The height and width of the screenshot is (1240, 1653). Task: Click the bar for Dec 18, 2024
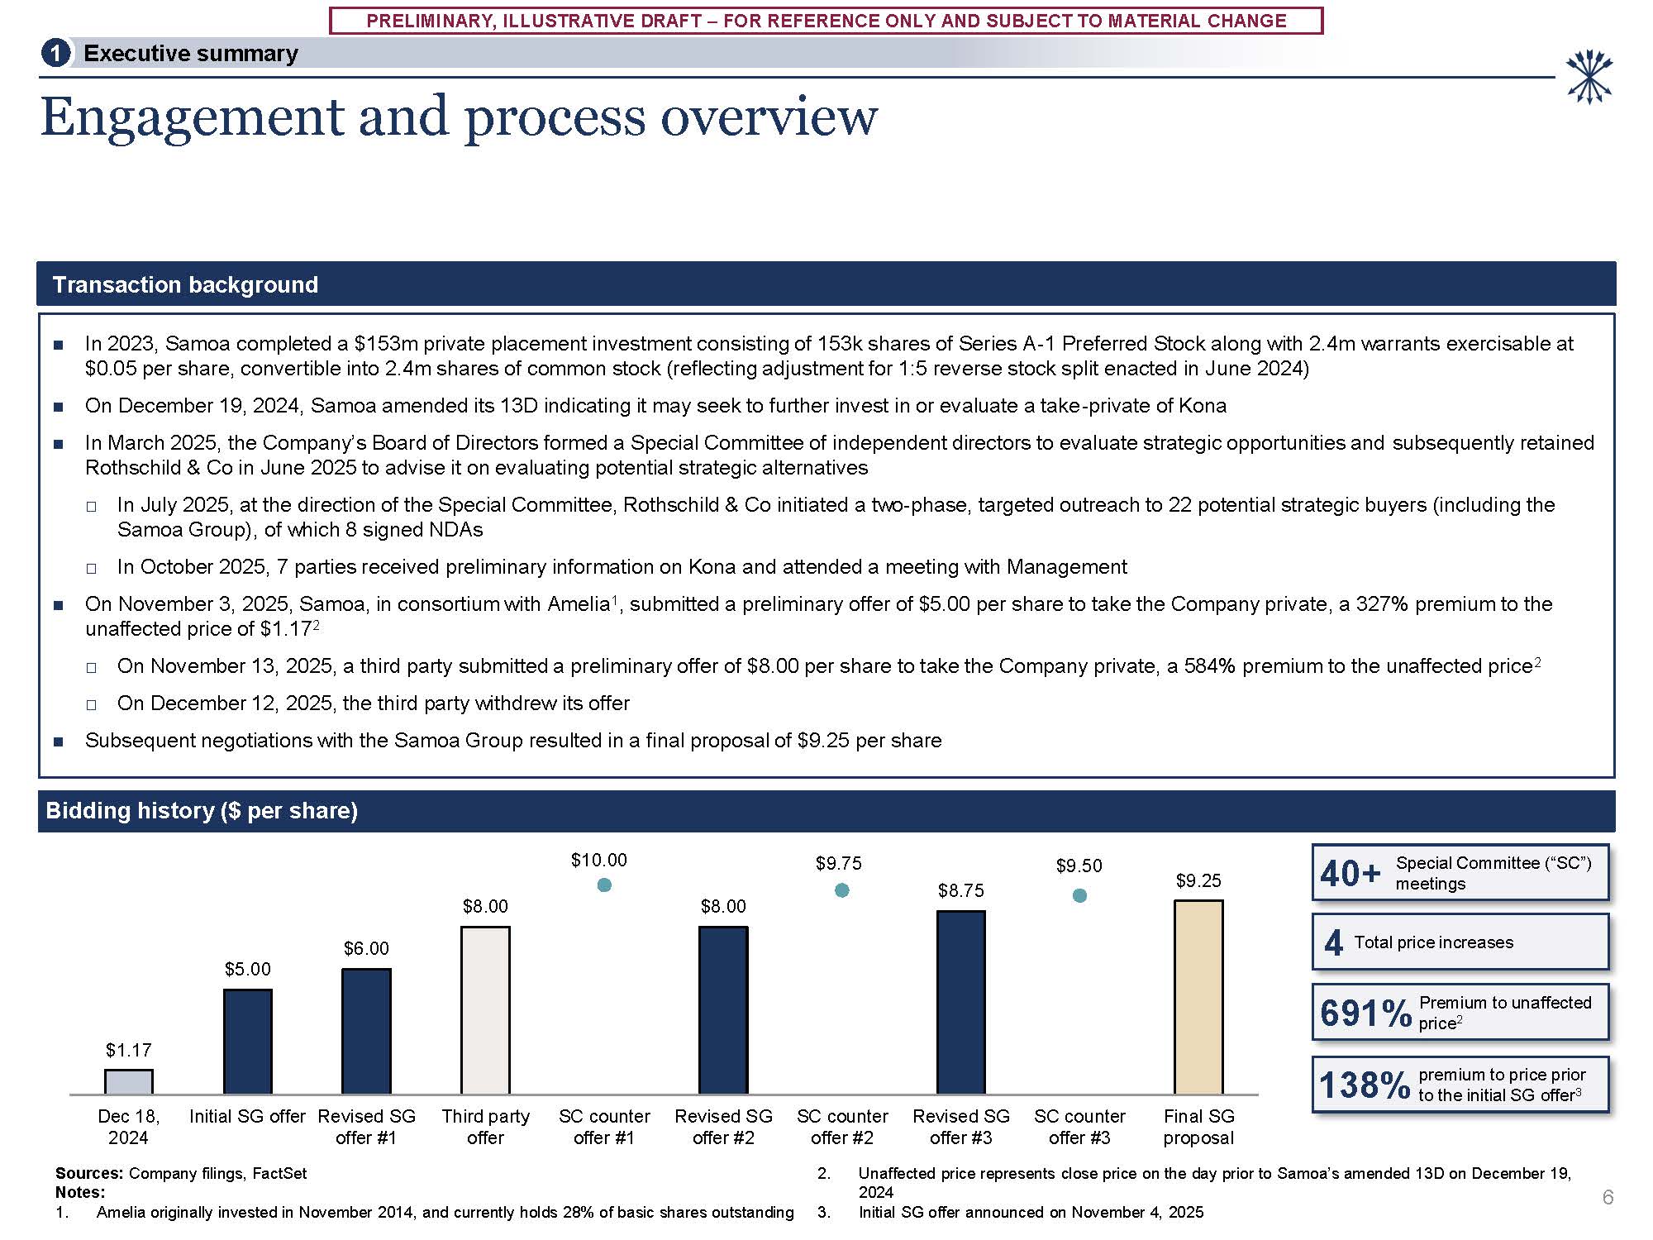(128, 1081)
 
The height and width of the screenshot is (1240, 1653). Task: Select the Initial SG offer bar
(247, 1042)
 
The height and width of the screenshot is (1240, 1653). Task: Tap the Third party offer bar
(485, 1010)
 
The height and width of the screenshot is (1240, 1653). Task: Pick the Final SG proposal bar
(1198, 997)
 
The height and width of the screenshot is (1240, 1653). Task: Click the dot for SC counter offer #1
(604, 885)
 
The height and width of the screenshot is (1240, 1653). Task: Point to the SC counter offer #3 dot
(1079, 895)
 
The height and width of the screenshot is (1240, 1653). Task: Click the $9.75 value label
(838, 864)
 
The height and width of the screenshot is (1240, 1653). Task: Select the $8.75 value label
(960, 890)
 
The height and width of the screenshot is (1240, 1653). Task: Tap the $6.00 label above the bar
(366, 948)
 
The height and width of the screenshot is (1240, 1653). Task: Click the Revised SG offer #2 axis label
(723, 1127)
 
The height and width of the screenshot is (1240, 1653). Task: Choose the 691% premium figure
(1365, 1013)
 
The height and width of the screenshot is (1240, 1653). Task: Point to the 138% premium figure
(1365, 1085)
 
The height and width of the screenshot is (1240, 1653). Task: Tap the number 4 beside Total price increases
(1333, 942)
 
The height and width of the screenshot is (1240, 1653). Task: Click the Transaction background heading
(185, 285)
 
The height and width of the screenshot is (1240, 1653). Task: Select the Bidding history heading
(202, 811)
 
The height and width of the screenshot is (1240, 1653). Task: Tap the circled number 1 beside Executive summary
(55, 54)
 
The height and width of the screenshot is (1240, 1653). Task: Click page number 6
(1608, 1197)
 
